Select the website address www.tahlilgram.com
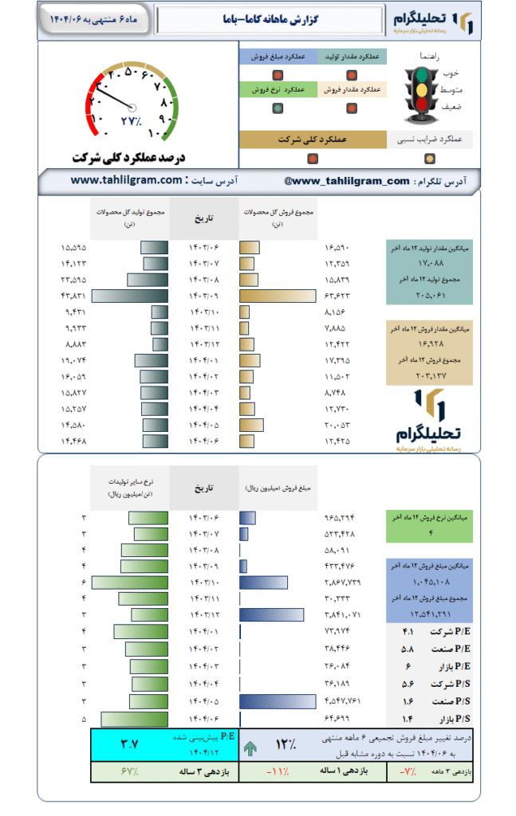(126, 181)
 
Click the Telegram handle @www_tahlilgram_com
(347, 181)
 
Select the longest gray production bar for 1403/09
(130, 296)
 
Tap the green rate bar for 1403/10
(129, 583)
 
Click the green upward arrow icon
(250, 747)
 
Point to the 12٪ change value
(285, 746)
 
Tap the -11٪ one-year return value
(278, 772)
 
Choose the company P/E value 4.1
(407, 632)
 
